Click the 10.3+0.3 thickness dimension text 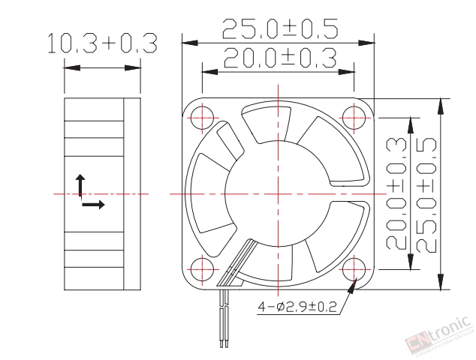[103, 43]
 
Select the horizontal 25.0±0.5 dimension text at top [280, 29]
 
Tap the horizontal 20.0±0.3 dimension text [280, 58]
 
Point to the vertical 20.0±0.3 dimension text [396, 193]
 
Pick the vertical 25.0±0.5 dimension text [425, 195]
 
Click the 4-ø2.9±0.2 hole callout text [297, 307]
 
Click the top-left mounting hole [202, 118]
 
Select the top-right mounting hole [354, 118]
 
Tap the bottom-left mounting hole [202, 269]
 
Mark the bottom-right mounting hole [354, 269]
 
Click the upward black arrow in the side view [80, 185]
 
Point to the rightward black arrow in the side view [94, 205]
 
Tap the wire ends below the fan [224, 343]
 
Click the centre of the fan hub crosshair [278, 193]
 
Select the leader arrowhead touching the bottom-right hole [352, 286]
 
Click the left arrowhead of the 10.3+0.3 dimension [72, 68]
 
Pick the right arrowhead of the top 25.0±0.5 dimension [366, 43]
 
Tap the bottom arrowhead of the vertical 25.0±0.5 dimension [441, 282]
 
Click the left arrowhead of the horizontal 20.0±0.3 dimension [210, 72]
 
